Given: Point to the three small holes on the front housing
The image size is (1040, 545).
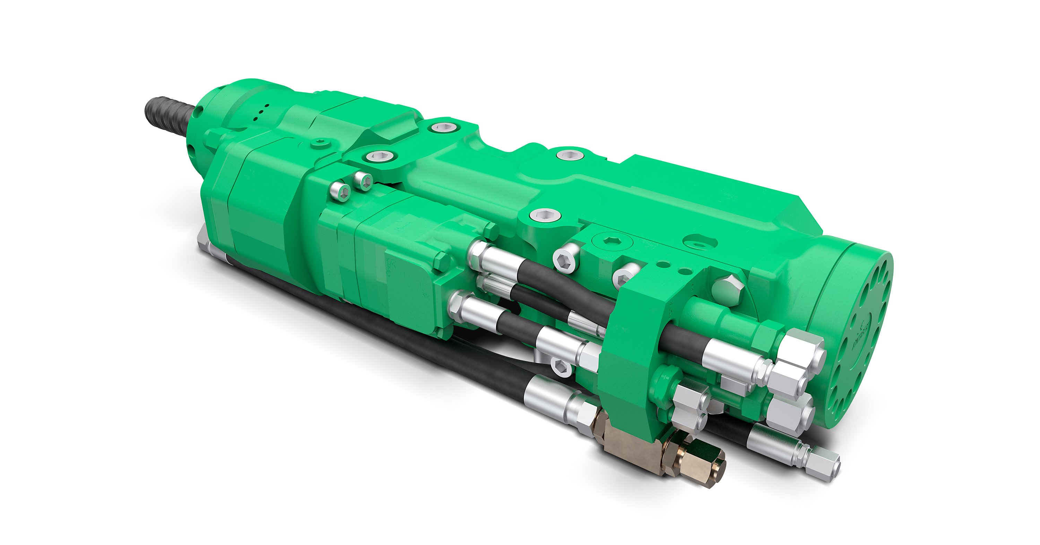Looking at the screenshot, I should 262,111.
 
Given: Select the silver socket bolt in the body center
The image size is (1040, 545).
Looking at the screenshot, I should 545,215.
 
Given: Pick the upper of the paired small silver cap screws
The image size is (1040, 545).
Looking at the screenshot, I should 363,181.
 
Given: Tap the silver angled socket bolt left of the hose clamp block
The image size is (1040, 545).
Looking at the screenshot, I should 565,258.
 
